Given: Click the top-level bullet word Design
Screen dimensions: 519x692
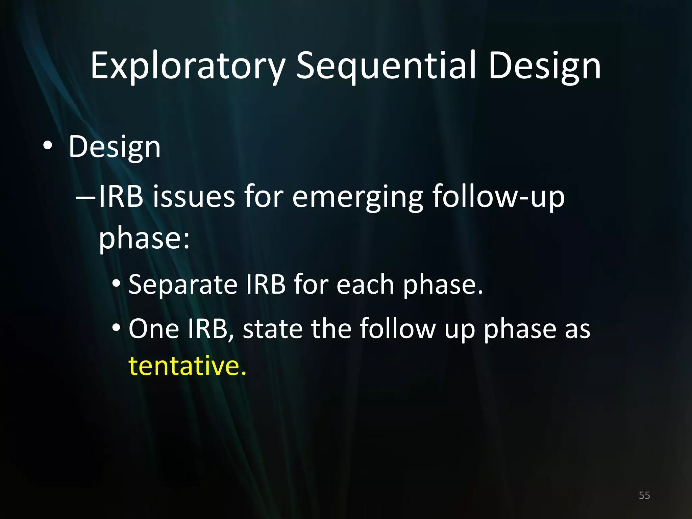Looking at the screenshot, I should [114, 147].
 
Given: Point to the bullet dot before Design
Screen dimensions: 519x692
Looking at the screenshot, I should [48, 146].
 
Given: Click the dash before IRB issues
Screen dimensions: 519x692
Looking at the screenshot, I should [86, 197].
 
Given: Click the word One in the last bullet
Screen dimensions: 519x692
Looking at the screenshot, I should [153, 328].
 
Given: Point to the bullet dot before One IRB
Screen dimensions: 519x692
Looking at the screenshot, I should [116, 327].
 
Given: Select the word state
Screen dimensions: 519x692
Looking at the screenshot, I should [272, 328].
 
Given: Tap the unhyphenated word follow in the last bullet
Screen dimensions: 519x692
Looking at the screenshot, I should [397, 328].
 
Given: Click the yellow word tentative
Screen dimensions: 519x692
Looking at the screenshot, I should [187, 366].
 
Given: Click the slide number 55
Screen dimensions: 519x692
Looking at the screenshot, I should [644, 495].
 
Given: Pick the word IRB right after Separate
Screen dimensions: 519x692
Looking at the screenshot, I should [266, 285].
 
